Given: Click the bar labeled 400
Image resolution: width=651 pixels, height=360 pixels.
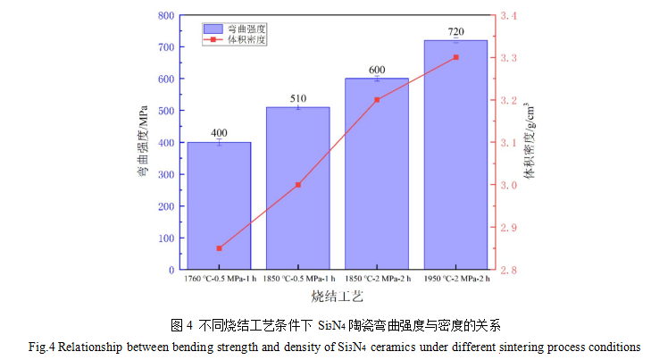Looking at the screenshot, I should coord(219,205).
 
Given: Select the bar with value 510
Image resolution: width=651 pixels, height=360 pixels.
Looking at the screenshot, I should coord(298,188).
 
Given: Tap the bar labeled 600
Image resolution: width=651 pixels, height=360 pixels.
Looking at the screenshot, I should coord(377,173).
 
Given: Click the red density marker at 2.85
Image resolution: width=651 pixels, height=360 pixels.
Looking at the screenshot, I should coord(219,248).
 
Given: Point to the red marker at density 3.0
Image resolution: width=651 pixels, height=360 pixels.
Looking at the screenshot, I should coord(298,185).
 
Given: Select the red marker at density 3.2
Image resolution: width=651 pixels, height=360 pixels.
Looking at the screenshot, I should coord(377,100).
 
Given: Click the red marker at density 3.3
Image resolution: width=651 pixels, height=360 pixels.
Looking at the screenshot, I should coord(455,57).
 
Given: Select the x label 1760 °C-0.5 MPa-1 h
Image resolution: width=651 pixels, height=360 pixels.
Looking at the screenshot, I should coord(220,278).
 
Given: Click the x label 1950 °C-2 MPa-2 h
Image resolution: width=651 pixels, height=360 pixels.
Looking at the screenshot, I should coord(455,278).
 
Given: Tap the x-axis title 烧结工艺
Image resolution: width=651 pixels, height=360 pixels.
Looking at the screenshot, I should coord(337,295).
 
